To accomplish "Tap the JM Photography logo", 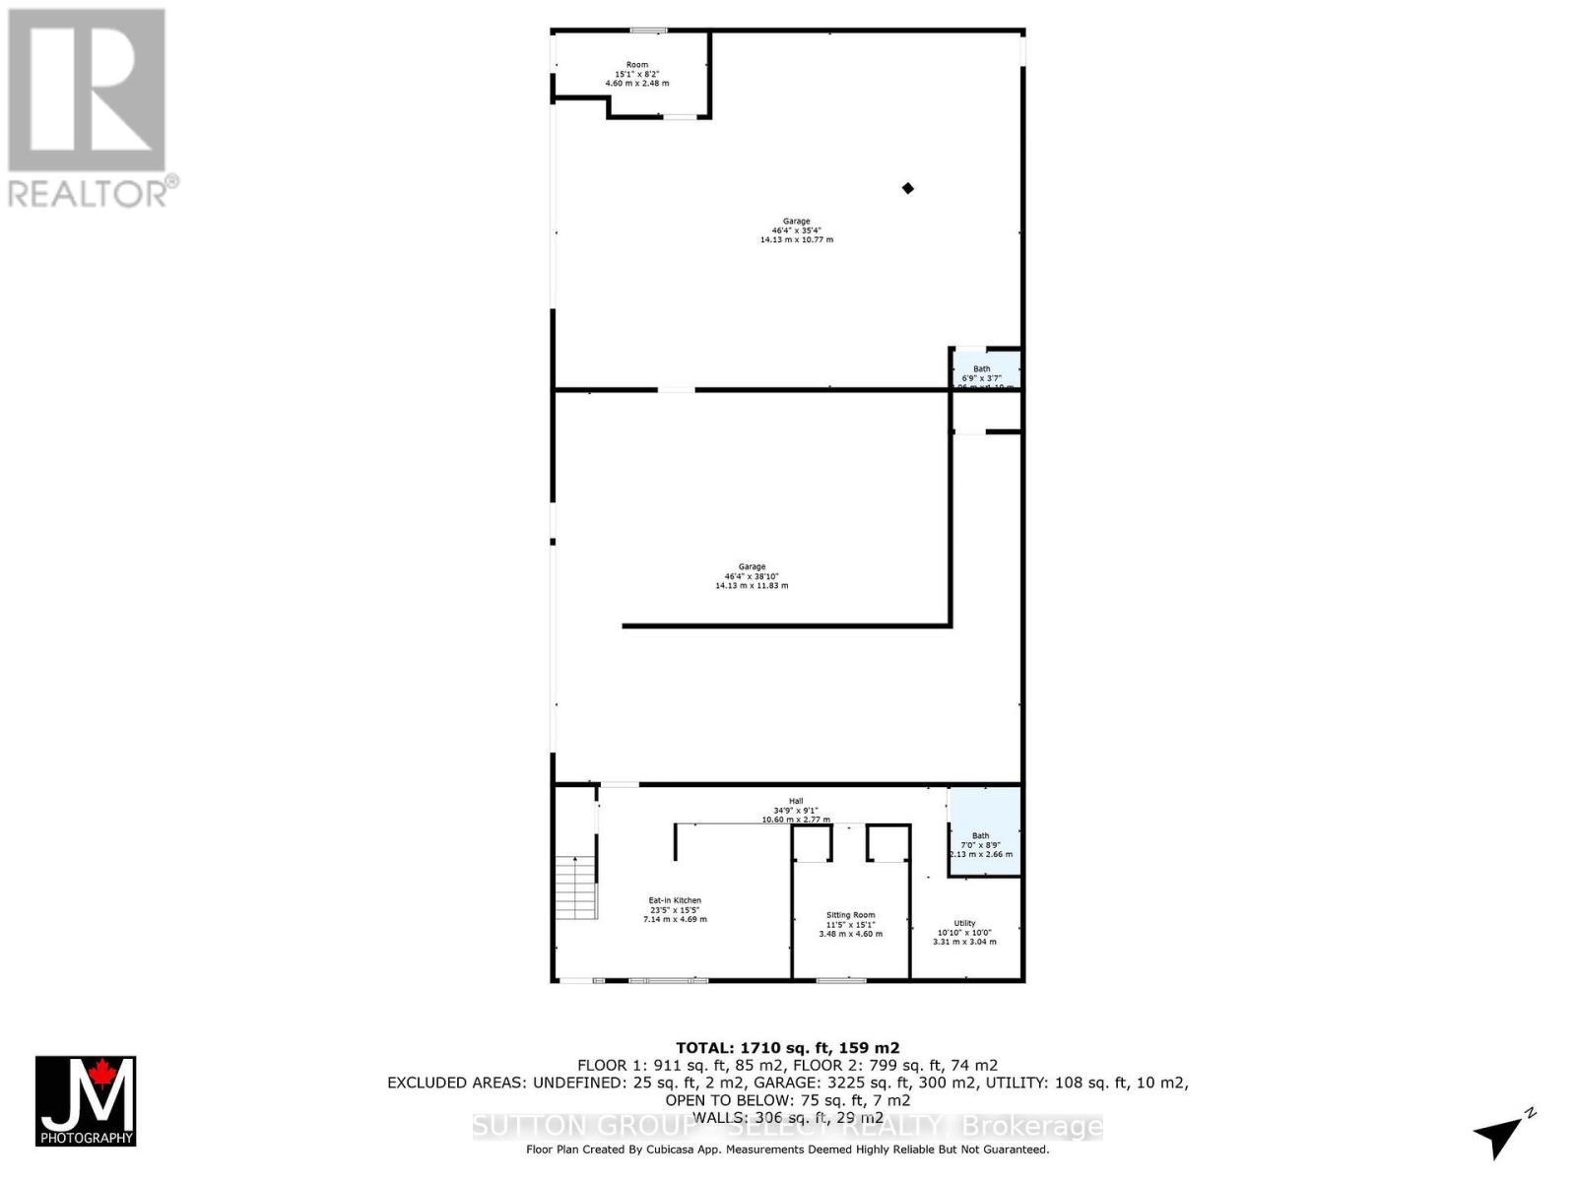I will click(x=86, y=1100).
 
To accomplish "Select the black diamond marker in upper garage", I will click(x=908, y=188).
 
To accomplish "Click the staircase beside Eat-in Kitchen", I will click(x=576, y=886).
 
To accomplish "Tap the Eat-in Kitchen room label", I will click(x=675, y=909).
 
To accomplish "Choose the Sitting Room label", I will click(x=850, y=924).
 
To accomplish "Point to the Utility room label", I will click(x=964, y=932).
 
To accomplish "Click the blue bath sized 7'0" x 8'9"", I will click(x=984, y=832).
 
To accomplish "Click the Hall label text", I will click(x=796, y=801).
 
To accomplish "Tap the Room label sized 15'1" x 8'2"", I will click(x=637, y=74).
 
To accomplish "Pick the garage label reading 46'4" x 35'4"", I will click(x=796, y=230).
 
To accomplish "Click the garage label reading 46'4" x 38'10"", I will click(x=752, y=576).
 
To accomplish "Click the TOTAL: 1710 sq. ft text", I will click(x=787, y=1048).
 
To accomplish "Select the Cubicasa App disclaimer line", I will click(x=787, y=1149).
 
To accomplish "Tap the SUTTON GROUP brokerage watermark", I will click(x=787, y=1126).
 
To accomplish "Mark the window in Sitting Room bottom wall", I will click(x=841, y=980).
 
